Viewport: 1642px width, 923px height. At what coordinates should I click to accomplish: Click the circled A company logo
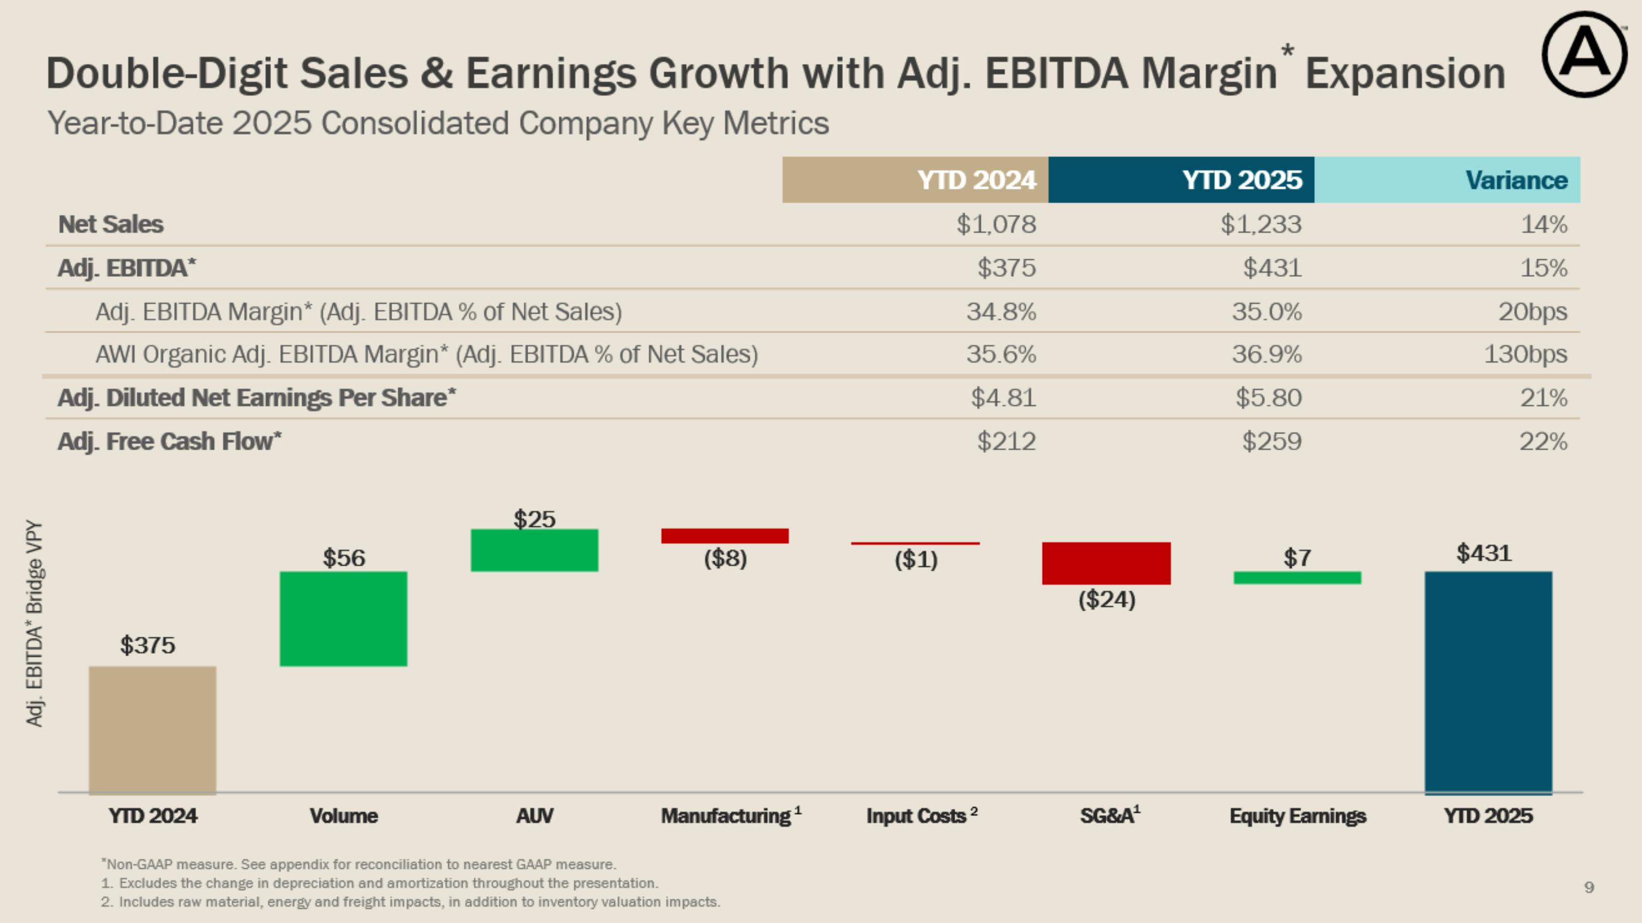coord(1584,54)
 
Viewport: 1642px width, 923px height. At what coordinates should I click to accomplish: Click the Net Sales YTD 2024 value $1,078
coord(996,224)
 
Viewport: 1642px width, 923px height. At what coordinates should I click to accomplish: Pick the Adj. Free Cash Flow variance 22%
coord(1542,442)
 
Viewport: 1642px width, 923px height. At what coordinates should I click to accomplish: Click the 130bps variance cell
coord(1525,354)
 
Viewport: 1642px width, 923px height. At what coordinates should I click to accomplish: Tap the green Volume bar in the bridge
coord(343,618)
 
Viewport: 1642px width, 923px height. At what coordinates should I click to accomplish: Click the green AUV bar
coord(534,550)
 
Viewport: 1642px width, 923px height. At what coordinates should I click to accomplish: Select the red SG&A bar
coord(1106,563)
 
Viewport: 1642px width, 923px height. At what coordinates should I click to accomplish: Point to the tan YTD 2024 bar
coord(152,729)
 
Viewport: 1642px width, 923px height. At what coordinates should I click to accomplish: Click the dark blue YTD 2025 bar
coord(1488,682)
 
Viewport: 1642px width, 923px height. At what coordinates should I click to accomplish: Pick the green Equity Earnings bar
coord(1297,578)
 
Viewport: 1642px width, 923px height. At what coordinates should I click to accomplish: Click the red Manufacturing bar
coord(725,536)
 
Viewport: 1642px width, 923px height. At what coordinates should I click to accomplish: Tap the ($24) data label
coord(1107,600)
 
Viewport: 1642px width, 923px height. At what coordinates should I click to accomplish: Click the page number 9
coord(1589,887)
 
